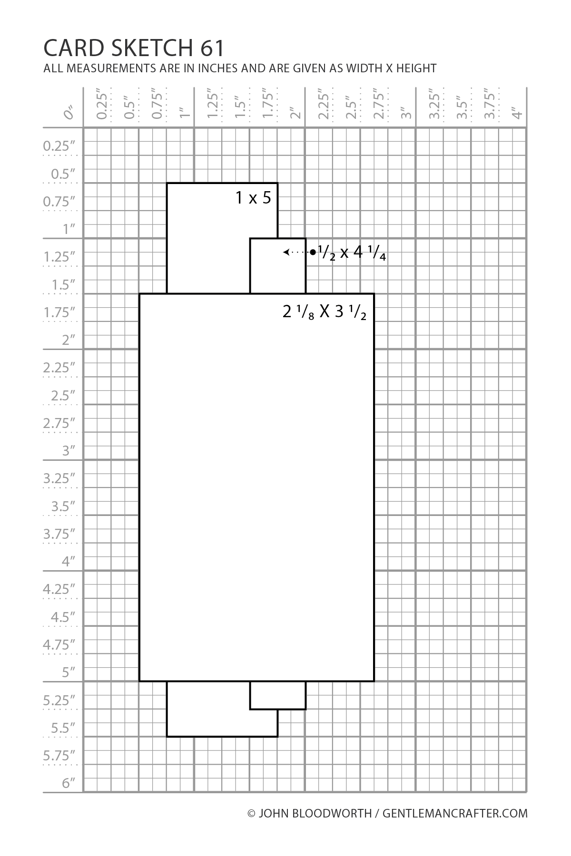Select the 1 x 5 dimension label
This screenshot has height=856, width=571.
coord(253,197)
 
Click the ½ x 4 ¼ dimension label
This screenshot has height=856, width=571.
coord(352,253)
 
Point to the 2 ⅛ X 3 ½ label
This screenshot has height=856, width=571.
coord(325,312)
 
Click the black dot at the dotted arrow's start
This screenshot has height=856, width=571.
coord(313,252)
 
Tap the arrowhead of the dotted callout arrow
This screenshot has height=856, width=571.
coord(285,252)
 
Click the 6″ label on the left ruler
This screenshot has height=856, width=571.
coord(69,783)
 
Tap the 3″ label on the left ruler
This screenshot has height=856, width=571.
coord(69,450)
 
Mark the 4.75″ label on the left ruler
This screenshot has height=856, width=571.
coord(59,644)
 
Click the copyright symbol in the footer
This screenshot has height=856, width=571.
coord(252,813)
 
